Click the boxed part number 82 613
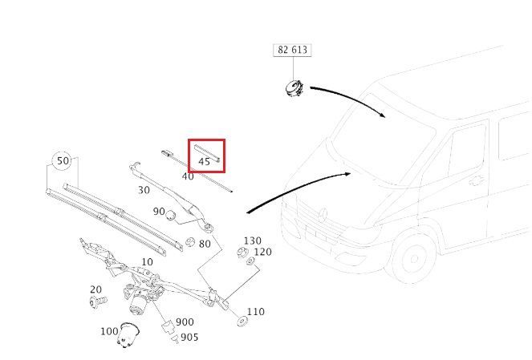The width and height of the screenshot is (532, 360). click(292, 50)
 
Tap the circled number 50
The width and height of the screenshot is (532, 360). click(63, 160)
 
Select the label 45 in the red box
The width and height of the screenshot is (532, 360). click(204, 162)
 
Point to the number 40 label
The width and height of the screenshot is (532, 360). click(188, 176)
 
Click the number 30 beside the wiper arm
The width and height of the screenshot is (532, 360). click(144, 190)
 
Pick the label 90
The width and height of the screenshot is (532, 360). click(159, 212)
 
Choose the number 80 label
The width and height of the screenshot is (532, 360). click(205, 244)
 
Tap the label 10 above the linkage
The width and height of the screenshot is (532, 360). click(147, 262)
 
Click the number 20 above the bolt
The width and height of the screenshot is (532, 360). click(95, 289)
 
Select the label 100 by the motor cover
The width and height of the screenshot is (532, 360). click(109, 331)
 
